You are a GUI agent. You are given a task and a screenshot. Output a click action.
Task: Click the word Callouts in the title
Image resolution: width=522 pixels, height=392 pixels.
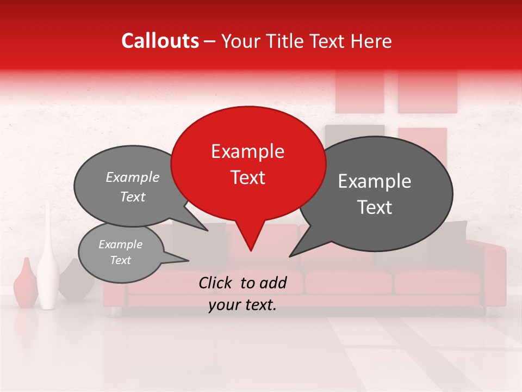(x=160, y=41)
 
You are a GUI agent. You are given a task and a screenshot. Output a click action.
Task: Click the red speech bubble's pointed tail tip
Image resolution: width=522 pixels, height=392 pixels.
(x=251, y=250)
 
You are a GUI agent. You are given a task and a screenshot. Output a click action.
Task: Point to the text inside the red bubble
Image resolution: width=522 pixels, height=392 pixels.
(x=247, y=164)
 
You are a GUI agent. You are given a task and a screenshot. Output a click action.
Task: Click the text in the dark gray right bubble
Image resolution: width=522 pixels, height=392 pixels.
(x=375, y=194)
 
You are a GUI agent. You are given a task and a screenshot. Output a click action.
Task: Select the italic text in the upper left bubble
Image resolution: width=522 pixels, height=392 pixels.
(x=132, y=187)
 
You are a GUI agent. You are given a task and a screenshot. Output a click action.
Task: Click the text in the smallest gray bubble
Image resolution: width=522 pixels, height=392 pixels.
(x=120, y=252)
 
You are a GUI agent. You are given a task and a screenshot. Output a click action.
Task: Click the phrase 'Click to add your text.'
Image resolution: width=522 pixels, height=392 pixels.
(x=242, y=293)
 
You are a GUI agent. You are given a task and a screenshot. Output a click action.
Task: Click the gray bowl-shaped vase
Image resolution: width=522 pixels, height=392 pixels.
(x=73, y=280)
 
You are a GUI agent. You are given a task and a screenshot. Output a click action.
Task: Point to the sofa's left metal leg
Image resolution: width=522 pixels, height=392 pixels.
(x=115, y=311)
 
